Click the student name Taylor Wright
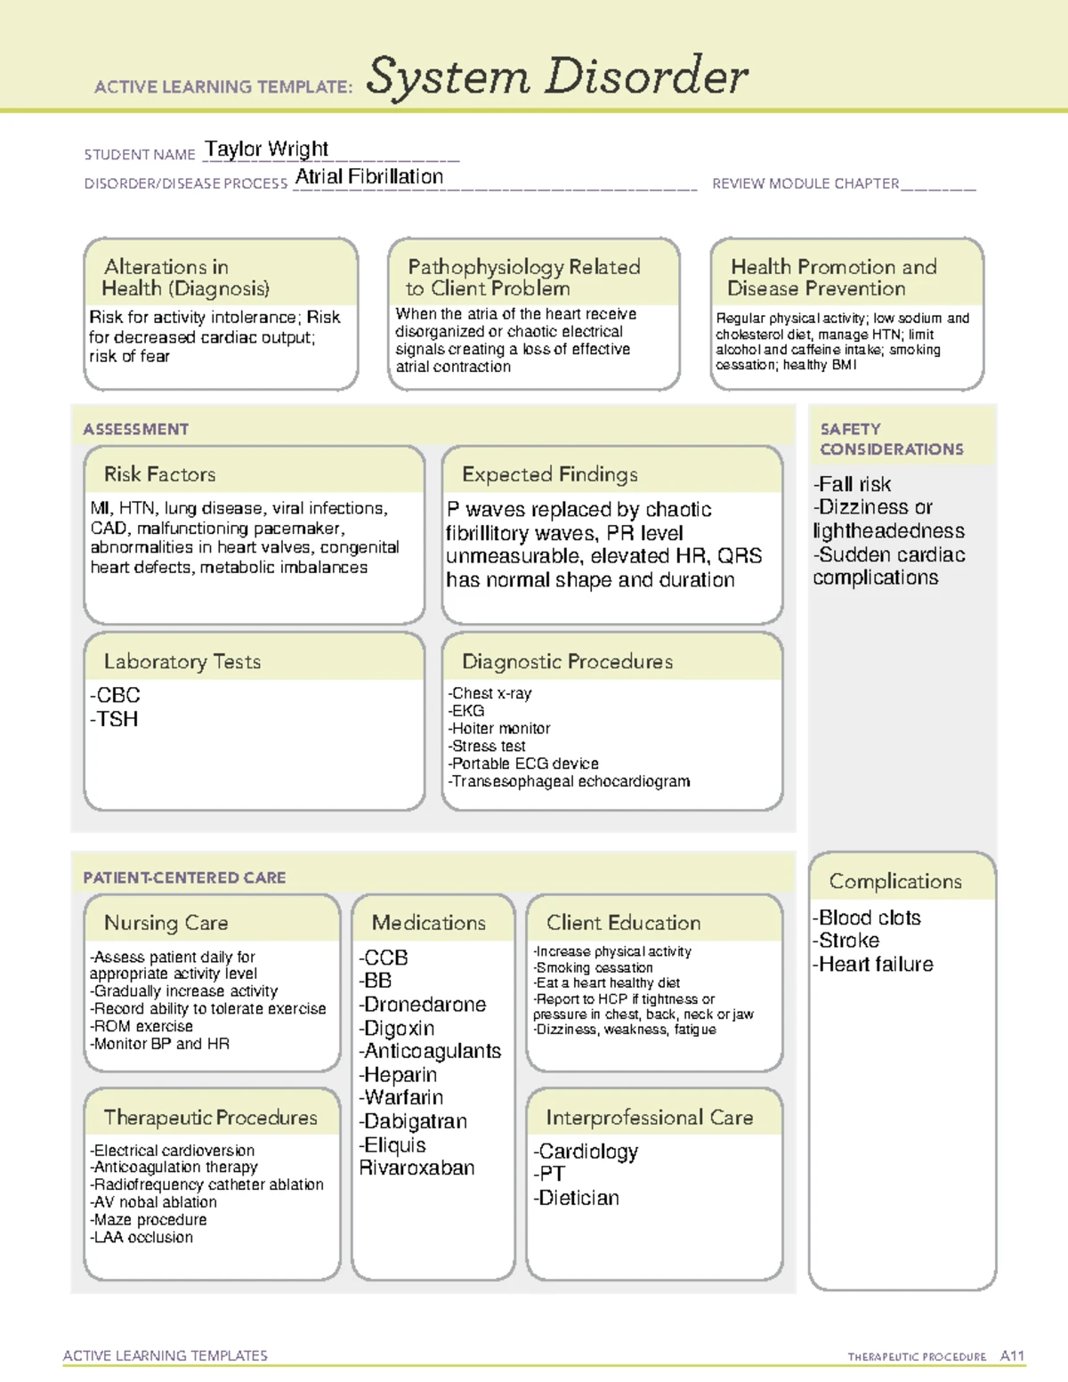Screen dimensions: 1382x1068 266,149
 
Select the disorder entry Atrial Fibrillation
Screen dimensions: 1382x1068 368,177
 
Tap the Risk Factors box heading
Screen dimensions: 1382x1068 159,474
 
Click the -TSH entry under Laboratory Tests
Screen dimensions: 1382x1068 114,719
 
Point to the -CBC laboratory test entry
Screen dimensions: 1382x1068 115,695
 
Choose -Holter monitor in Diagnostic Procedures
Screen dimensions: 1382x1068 499,728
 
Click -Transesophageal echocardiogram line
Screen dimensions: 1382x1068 569,781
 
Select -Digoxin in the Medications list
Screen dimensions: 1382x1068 396,1028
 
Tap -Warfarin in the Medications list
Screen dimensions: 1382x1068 400,1097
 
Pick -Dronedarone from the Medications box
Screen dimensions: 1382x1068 422,1005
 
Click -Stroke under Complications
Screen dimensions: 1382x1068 845,941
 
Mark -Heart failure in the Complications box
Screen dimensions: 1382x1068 872,964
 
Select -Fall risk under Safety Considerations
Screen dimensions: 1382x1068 852,484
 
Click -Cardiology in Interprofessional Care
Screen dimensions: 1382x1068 586,1152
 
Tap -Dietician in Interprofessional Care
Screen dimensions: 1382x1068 576,1198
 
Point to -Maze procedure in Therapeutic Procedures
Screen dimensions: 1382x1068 148,1219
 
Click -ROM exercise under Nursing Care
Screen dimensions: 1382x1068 142,1026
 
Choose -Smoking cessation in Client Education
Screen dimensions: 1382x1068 593,967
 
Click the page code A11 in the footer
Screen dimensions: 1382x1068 1012,1355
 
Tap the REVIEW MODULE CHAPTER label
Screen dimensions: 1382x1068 805,183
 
